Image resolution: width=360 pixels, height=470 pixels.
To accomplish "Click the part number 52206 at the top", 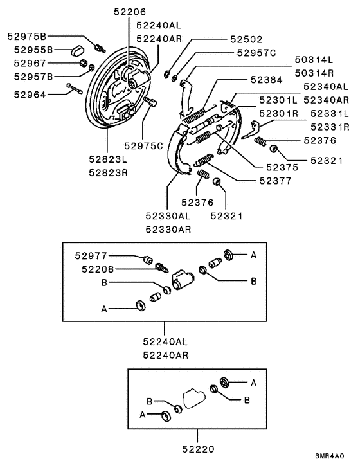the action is pos(130,12).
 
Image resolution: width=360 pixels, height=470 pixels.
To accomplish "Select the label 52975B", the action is pos(27,36).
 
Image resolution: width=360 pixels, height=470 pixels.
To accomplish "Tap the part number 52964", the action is pos(30,95).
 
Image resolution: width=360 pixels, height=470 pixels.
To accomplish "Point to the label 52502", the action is pos(246,39).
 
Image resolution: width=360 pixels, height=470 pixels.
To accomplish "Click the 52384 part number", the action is pos(267,80).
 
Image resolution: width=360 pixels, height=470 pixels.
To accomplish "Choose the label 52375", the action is pos(282,167).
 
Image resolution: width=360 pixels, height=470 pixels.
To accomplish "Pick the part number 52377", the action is pos(276,181).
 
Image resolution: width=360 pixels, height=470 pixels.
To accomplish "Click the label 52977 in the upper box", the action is pos(91,256).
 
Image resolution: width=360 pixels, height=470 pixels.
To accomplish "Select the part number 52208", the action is pos(98,269).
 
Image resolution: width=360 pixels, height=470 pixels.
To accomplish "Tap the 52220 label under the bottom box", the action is pos(199,449).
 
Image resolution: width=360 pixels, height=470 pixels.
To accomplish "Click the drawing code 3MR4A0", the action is pos(330,456).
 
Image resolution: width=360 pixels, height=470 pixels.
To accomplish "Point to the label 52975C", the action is pos(143,146).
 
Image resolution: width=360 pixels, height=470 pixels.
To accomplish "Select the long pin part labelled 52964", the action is pos(75,89).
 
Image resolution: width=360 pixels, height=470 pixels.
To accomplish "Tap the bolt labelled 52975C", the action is pos(150,102).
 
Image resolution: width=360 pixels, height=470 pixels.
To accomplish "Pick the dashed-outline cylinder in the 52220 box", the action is pos(194,399).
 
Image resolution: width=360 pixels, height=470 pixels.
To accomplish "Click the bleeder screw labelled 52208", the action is pos(162,267).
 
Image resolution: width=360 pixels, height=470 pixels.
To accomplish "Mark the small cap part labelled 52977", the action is pos(147,260).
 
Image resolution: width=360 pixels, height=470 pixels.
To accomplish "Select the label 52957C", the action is pos(256,53).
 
